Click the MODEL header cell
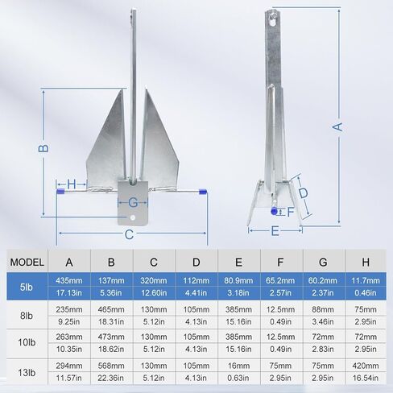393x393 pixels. click(x=27, y=262)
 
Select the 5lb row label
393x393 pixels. click(x=27, y=287)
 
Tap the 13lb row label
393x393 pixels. click(x=27, y=372)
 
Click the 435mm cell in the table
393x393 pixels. click(x=69, y=280)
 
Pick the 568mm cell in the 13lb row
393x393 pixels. click(x=111, y=366)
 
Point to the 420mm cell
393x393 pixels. click(x=366, y=366)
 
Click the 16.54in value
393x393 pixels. click(x=366, y=378)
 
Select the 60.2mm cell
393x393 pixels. click(x=323, y=280)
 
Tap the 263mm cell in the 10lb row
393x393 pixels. click(x=69, y=337)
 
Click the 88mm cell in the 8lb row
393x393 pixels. click(x=323, y=309)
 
